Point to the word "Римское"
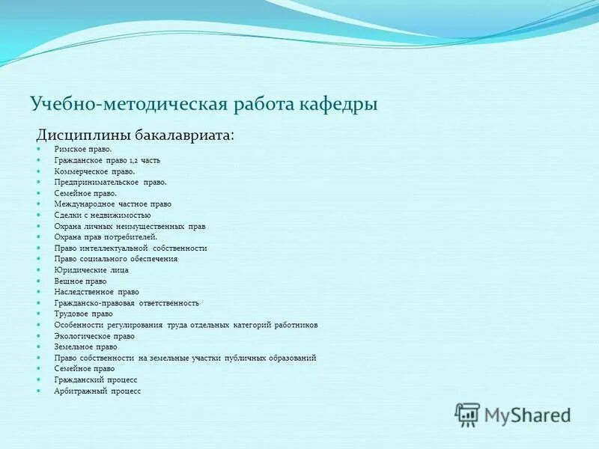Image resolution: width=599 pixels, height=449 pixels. [x=69, y=149]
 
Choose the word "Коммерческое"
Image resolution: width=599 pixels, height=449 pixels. [x=79, y=171]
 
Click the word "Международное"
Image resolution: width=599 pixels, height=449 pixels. [x=82, y=204]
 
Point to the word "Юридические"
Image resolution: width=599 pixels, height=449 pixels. [x=79, y=269]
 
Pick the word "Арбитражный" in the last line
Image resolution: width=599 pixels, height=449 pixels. [x=79, y=391]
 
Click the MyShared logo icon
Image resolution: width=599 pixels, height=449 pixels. [x=467, y=414]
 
